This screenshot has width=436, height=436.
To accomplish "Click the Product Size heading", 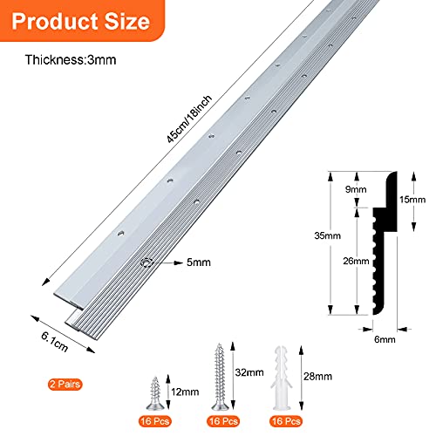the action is tap(81, 21).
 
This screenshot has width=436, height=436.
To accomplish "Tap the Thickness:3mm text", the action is tap(71, 60).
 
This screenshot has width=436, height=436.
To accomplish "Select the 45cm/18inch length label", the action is tap(189, 119).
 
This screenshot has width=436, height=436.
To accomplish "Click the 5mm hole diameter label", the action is tap(199, 262).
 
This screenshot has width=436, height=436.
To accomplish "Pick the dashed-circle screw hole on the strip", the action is tap(146, 262).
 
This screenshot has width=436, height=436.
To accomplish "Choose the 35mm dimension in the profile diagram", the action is tap(327, 235).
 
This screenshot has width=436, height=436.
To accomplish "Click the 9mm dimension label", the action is tap(356, 189).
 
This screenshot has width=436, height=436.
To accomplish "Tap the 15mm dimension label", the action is tap(412, 200).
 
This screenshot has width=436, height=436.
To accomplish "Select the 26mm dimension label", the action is tap(356, 261).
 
